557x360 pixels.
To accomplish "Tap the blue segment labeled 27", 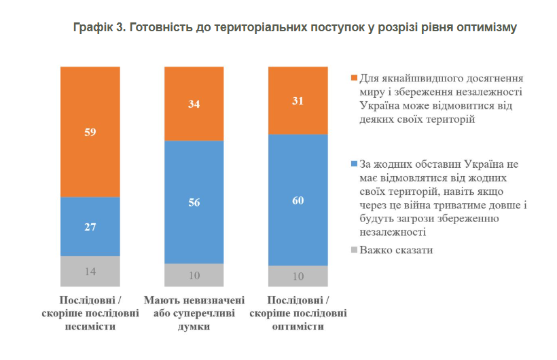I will (90, 226).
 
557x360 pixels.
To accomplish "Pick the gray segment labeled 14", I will (90, 270).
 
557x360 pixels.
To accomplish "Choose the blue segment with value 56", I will (194, 202).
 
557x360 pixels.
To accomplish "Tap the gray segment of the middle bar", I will (194, 274).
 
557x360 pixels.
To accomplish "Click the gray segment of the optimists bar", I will (298, 275).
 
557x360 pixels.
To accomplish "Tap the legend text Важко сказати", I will (396, 250).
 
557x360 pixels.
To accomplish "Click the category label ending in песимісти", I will (90, 313).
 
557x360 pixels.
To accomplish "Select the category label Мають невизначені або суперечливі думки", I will (194, 313).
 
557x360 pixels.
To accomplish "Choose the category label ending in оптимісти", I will (298, 313).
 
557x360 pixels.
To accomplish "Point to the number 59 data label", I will (90, 132).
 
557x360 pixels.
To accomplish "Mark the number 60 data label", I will (298, 200).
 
